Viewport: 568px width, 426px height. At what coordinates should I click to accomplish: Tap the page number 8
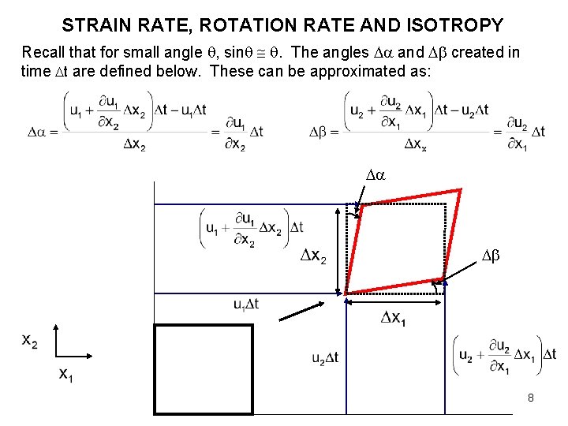point(531,398)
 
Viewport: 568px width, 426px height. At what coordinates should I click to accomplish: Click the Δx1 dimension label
point(392,318)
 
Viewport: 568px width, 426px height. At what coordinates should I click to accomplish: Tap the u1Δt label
point(245,304)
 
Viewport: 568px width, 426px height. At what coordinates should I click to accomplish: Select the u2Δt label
point(325,358)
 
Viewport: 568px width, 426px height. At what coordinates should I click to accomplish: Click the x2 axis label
point(30,341)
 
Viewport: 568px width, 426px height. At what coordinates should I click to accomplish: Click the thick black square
point(204,368)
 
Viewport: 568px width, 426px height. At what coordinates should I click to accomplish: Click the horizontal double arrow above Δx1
point(395,301)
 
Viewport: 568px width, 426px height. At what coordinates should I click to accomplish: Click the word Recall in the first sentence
point(43,53)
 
